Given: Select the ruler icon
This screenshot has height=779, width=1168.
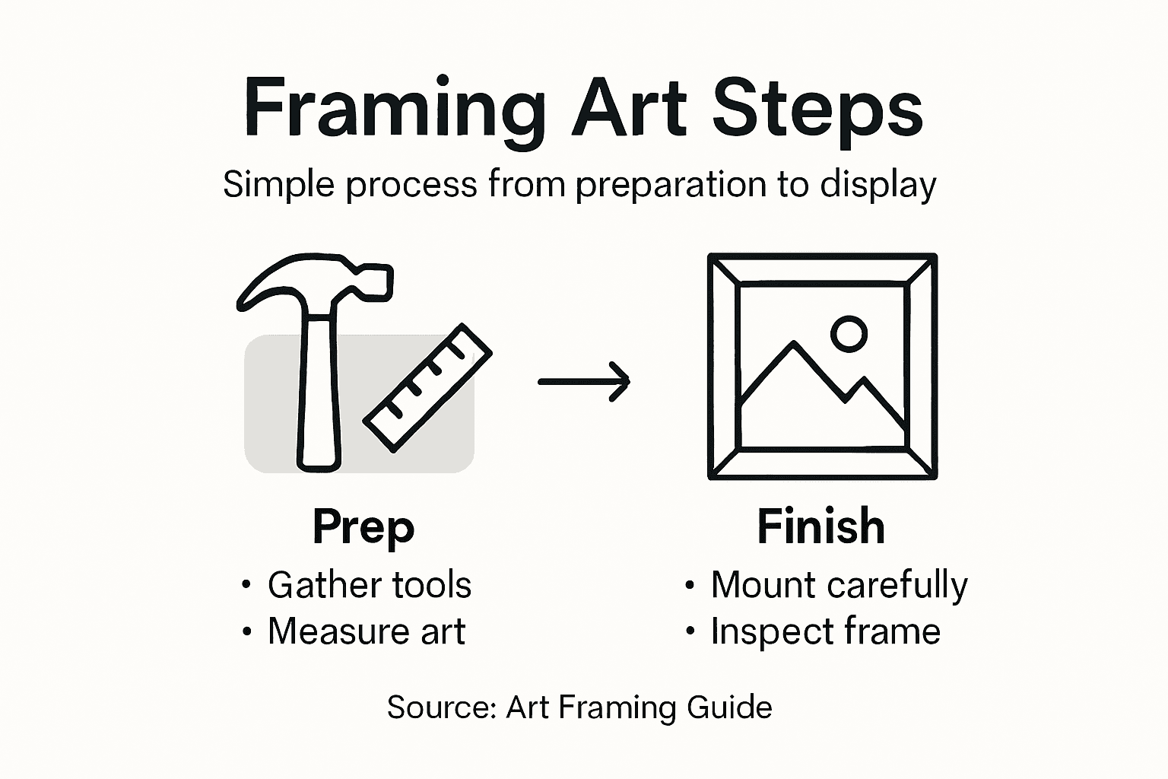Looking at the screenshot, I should pyautogui.click(x=427, y=388).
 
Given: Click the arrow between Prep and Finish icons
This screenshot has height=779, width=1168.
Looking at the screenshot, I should pyautogui.click(x=584, y=381).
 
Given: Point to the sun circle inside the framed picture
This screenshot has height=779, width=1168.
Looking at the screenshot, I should pyautogui.click(x=849, y=333).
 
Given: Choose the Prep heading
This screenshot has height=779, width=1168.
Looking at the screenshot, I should pyautogui.click(x=363, y=526).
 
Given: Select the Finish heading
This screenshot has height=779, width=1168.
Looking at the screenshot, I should pyautogui.click(x=821, y=526).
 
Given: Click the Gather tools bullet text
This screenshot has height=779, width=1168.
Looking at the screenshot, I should pyautogui.click(x=370, y=585).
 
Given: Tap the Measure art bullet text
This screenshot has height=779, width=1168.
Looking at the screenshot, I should pyautogui.click(x=367, y=631).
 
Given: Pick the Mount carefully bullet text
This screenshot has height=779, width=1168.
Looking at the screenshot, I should pyautogui.click(x=839, y=585).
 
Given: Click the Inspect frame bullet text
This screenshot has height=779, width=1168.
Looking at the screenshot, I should pyautogui.click(x=825, y=631).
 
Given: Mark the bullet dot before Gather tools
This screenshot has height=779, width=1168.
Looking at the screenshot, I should pyautogui.click(x=246, y=585).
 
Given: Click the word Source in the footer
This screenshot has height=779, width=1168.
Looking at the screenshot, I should pyautogui.click(x=440, y=707).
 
